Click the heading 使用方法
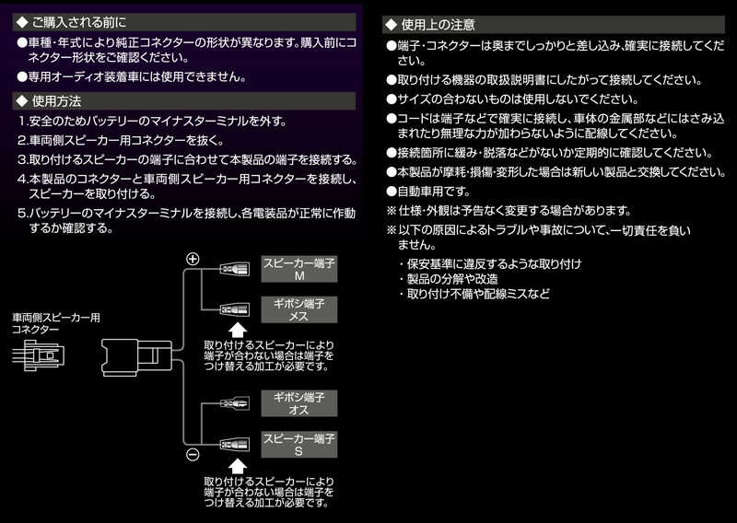click(56, 99)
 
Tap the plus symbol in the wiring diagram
click(193, 259)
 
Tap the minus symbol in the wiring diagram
click(193, 455)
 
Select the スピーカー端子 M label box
click(299, 269)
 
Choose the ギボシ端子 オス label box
click(299, 401)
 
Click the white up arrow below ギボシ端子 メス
click(237, 330)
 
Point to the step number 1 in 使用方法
click(21, 122)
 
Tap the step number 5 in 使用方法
click(21, 212)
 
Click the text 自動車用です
click(433, 192)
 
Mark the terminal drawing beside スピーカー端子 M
click(233, 269)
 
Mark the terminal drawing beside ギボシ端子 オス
click(233, 401)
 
